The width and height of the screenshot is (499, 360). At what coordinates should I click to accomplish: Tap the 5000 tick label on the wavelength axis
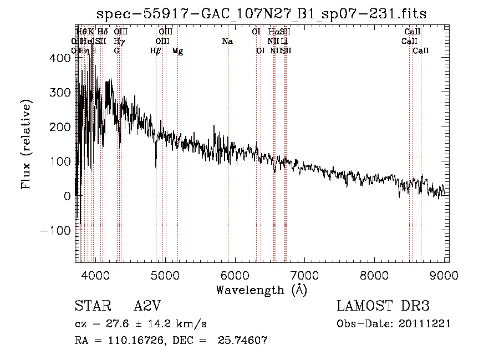(x=165, y=275)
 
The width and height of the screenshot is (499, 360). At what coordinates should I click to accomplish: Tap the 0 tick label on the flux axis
(x=66, y=196)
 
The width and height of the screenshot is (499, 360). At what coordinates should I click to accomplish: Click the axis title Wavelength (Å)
(x=261, y=290)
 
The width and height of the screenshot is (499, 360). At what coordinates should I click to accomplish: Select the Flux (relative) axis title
(x=27, y=144)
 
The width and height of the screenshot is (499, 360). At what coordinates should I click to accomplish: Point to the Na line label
(x=227, y=42)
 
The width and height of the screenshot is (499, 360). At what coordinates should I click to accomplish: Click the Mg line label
(x=177, y=51)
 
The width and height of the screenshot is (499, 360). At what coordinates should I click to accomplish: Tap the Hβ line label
(x=155, y=51)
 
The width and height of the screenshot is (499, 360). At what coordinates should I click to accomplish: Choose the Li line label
(x=284, y=42)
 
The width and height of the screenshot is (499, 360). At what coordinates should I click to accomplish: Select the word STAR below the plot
(x=90, y=306)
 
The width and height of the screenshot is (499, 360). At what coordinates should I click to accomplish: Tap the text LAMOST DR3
(x=383, y=306)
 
